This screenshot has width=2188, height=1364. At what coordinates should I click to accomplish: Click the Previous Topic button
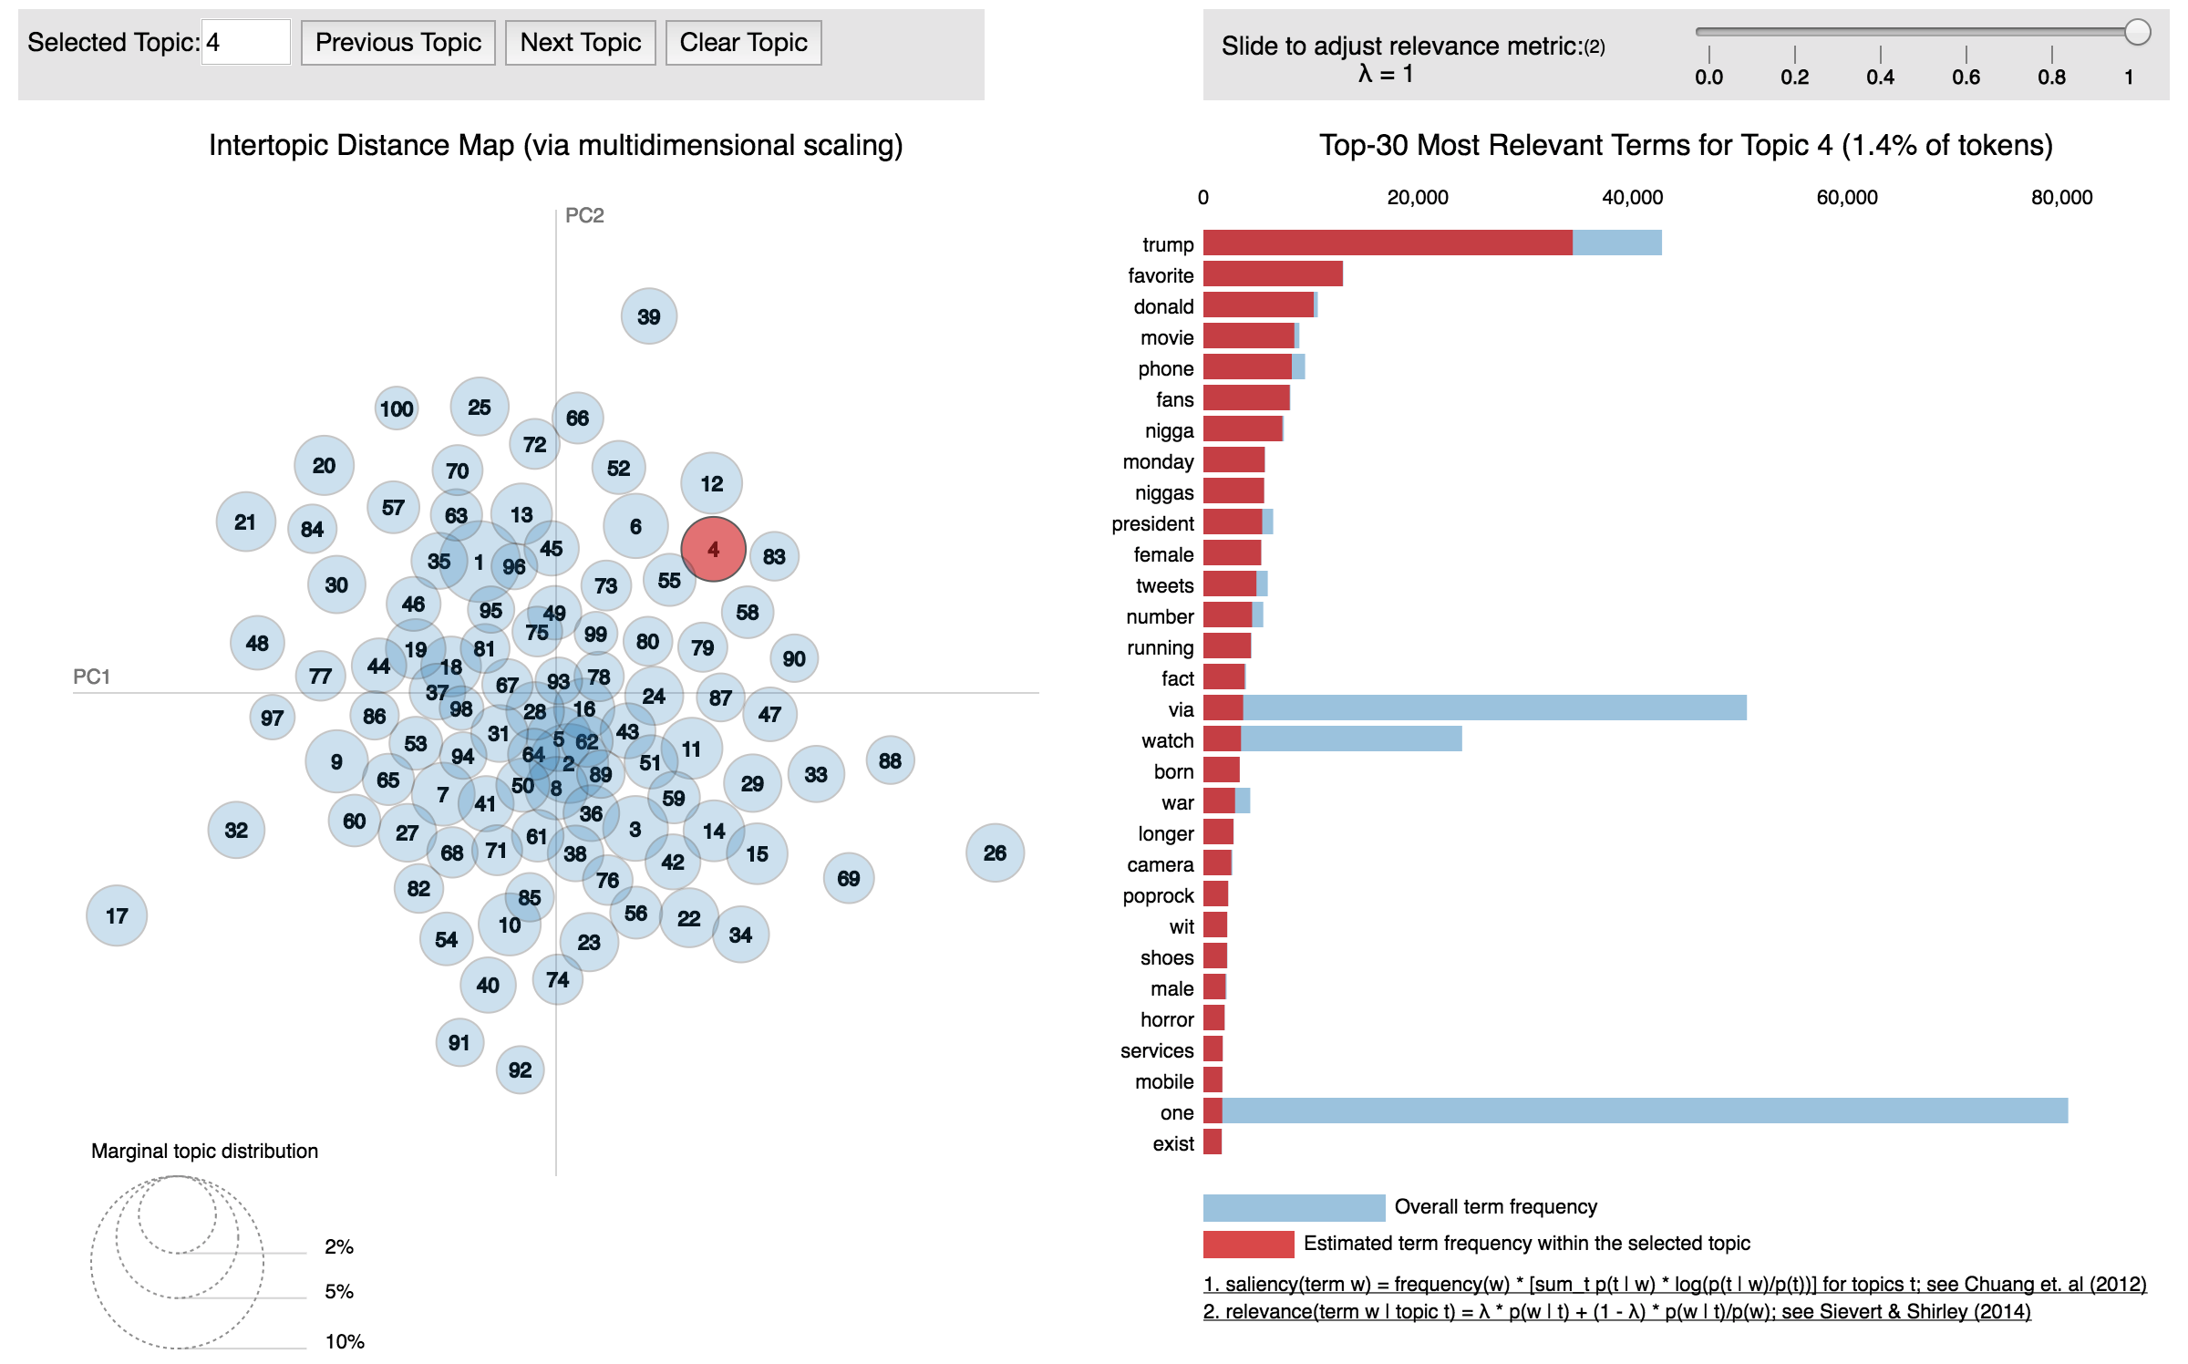tap(398, 43)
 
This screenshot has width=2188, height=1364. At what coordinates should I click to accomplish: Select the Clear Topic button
tap(743, 43)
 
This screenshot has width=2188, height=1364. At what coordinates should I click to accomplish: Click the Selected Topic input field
tap(245, 43)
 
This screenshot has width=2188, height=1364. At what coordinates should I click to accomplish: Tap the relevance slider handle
tap(2138, 32)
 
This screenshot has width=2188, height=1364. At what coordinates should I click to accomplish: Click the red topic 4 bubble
tap(714, 549)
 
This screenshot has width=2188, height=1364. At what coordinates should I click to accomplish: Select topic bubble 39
tap(649, 316)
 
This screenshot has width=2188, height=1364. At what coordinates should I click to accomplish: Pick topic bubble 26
tap(995, 852)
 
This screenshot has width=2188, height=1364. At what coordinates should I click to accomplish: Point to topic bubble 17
tap(117, 915)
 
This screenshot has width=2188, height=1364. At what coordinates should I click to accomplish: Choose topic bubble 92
tap(521, 1069)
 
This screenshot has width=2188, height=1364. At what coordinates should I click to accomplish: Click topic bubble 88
tap(890, 760)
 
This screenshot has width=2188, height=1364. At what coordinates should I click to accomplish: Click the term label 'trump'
tap(1168, 244)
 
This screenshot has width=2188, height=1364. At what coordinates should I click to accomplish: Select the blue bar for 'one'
tap(1641, 1111)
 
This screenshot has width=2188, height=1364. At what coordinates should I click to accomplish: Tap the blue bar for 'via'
tap(1495, 708)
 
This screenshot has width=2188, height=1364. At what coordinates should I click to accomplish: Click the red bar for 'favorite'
tap(1273, 274)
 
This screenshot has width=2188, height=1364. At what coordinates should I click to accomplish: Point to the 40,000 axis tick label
tap(1632, 198)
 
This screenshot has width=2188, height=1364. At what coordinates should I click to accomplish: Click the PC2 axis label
tap(584, 215)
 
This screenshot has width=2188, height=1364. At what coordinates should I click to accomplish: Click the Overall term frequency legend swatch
tap(1294, 1207)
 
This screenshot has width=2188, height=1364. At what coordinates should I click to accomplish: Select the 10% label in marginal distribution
tap(345, 1341)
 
